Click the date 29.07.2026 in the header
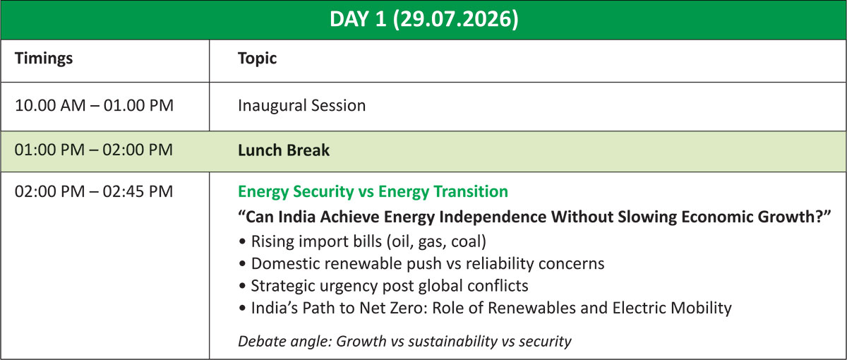pos(456,19)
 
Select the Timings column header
pos(44,59)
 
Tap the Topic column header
pos(257,59)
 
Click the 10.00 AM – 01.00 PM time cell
pos(94,105)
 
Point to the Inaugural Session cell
pos(302,105)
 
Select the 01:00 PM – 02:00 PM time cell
pos(93,150)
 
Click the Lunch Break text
pos(284,150)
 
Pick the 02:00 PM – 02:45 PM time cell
pos(93,191)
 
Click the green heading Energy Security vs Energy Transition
pos(373,192)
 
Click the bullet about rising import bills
pos(363,241)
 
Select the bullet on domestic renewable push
pos(421,263)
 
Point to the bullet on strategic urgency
pos(383,286)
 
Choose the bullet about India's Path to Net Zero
pos(485,308)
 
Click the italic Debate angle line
pos(404,342)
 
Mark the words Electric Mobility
pos(672,308)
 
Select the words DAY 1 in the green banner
pos(358,19)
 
